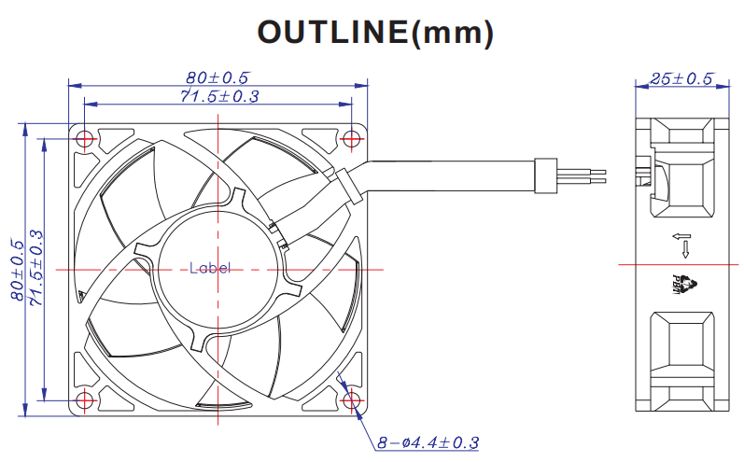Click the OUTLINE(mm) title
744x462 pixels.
click(x=375, y=33)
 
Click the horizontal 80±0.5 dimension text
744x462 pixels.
click(x=218, y=77)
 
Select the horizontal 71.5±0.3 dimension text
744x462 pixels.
click(x=219, y=96)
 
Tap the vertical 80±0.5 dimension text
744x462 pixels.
click(x=17, y=270)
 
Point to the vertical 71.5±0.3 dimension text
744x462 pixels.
click(x=36, y=267)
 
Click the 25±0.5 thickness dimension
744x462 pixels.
click(x=681, y=78)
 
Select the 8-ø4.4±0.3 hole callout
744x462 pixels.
click(x=428, y=442)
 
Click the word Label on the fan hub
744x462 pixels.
click(x=210, y=268)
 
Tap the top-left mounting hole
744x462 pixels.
click(x=85, y=139)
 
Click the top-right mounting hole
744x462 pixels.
click(x=351, y=139)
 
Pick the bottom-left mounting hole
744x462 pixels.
click(x=85, y=400)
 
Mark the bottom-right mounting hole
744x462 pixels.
click(x=351, y=400)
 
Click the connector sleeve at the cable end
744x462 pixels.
click(x=546, y=175)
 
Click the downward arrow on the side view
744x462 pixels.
click(x=685, y=249)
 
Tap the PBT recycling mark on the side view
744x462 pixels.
click(x=684, y=284)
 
